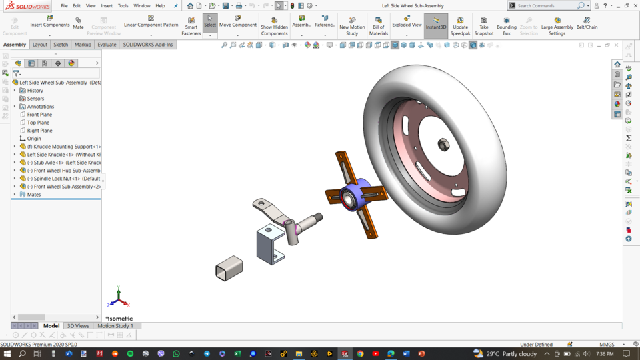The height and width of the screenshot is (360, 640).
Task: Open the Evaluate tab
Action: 107,45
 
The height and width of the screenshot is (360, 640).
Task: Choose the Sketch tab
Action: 61,45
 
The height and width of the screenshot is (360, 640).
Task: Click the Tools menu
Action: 123,6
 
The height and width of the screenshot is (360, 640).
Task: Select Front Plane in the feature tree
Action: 39,115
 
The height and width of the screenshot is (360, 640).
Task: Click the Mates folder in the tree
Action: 34,195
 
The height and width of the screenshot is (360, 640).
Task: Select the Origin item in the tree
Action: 34,139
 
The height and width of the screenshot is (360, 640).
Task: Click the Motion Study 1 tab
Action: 115,326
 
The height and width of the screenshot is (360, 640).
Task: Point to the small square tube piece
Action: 229,268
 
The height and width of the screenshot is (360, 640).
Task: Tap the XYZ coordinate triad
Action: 118,297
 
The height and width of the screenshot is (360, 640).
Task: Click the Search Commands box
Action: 547,6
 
